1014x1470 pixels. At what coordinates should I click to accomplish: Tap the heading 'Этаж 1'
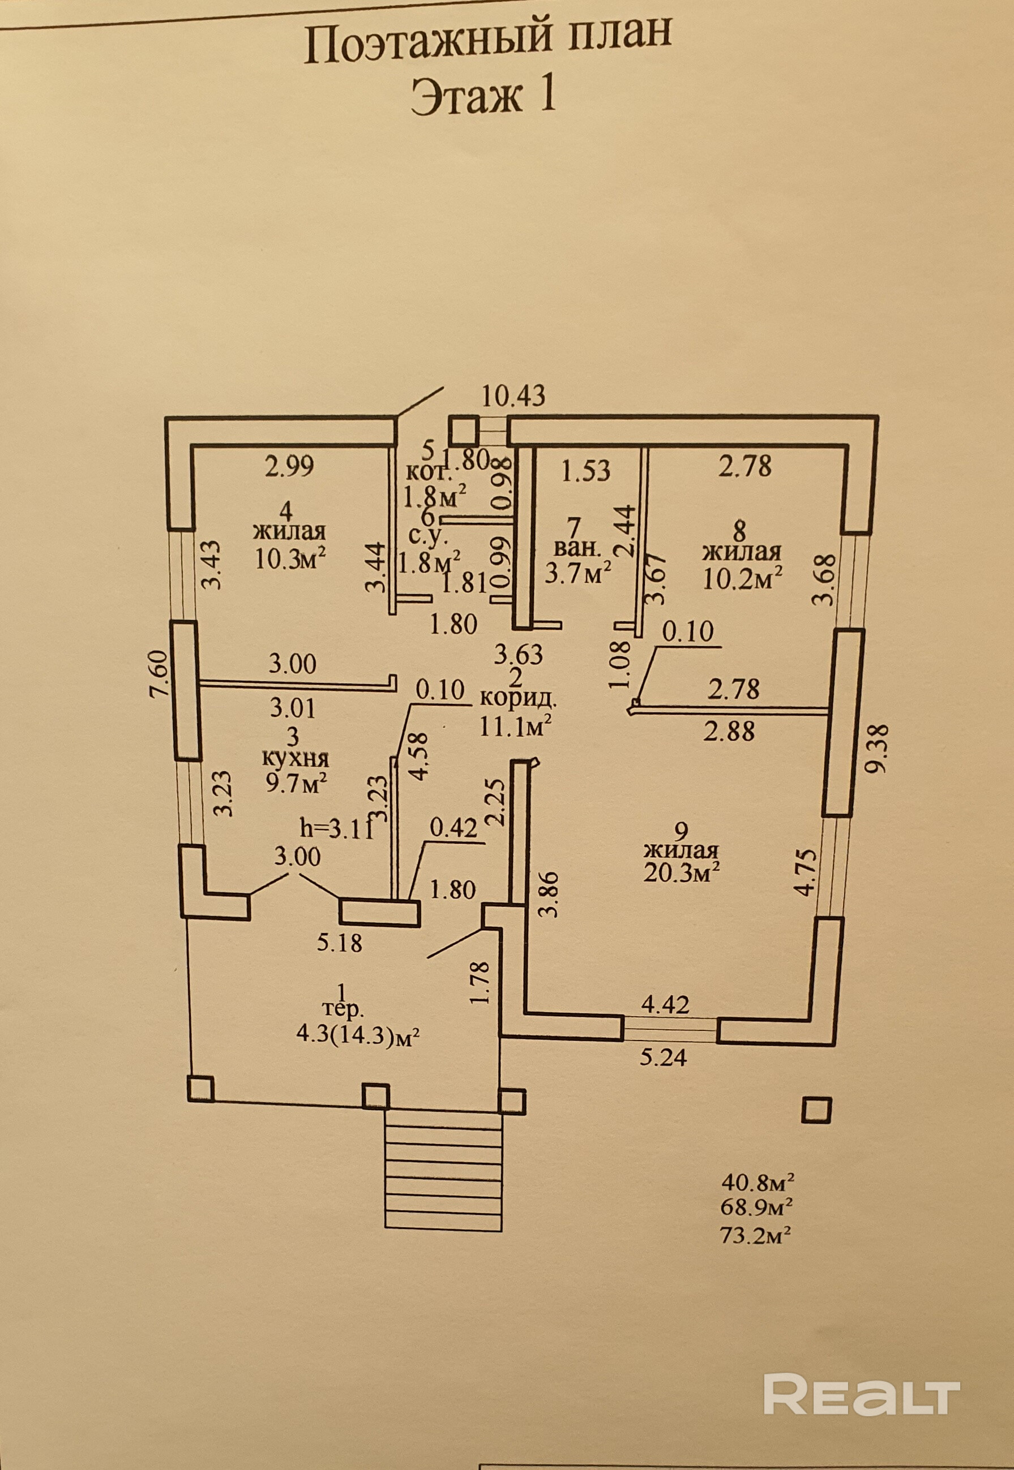[x=484, y=97]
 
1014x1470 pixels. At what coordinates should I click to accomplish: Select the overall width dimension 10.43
[x=513, y=396]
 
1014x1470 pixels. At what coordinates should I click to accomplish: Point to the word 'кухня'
[x=296, y=759]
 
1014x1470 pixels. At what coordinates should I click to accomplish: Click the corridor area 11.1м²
[x=515, y=725]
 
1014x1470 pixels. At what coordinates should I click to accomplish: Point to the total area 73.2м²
[x=758, y=1235]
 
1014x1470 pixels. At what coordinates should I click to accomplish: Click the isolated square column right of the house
[x=816, y=1110]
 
